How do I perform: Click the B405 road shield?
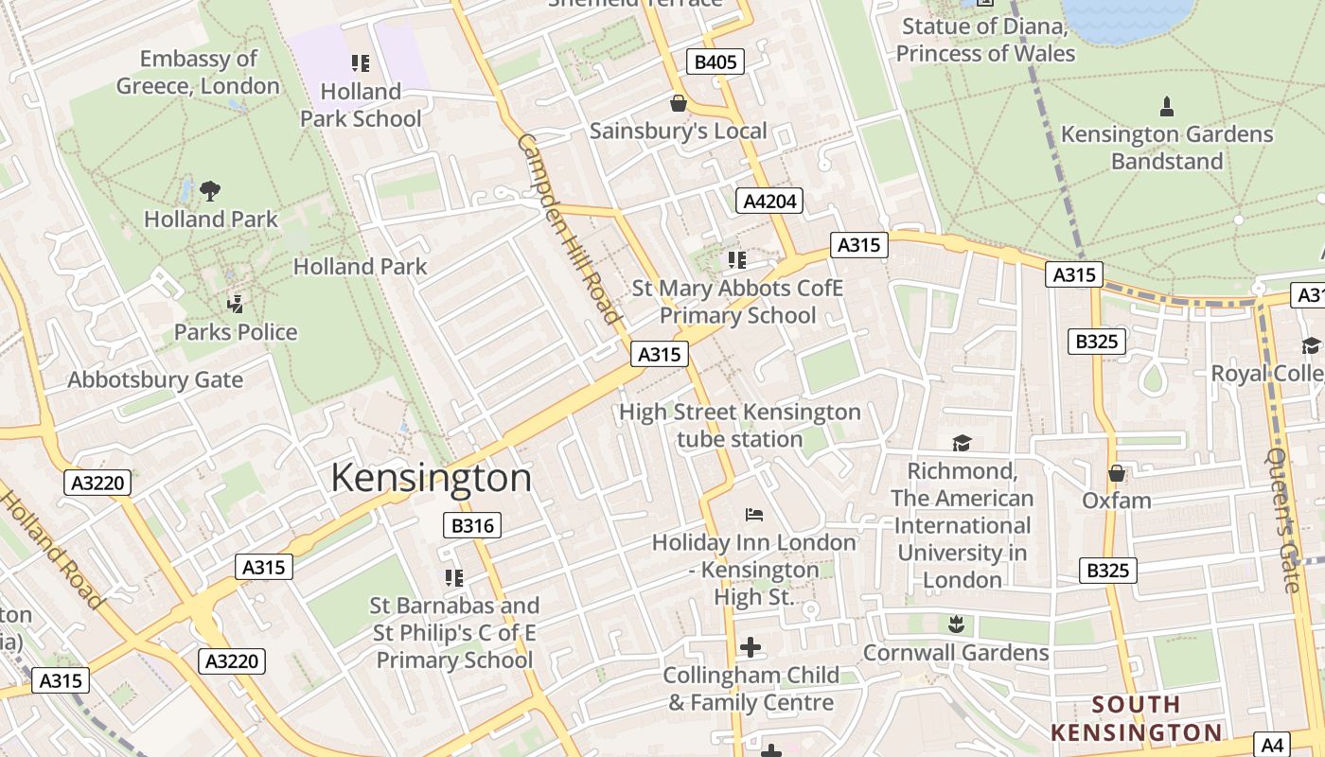coord(715,62)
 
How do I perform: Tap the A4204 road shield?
coord(768,201)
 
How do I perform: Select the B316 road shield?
coord(471,525)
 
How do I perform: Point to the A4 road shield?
coord(1273,745)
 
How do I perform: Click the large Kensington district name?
coord(431,478)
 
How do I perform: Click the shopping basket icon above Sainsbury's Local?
coord(678,102)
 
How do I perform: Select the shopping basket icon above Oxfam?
coord(1117,472)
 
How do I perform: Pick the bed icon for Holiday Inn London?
coord(753,515)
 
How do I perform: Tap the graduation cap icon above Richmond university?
coord(962,443)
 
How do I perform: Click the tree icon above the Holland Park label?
coord(210,191)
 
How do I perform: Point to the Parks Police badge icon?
coord(236,304)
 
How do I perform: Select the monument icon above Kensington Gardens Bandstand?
coord(1167,106)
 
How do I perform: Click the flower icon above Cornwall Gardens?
coord(955,624)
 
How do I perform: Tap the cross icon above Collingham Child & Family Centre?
coord(751,647)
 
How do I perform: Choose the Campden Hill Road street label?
coord(568,229)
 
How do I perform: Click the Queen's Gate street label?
coord(1284,520)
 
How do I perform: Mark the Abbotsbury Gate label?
coord(155,380)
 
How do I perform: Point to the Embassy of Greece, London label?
coord(198,73)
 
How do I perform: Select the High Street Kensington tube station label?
coord(739,426)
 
